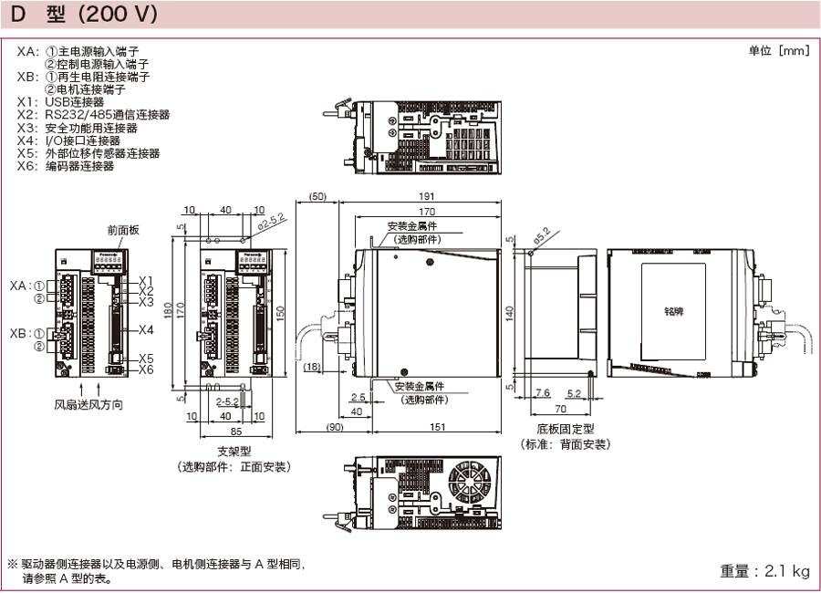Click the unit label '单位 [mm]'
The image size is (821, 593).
(778, 51)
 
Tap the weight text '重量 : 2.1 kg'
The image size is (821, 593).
(764, 571)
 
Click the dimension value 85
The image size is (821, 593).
(235, 431)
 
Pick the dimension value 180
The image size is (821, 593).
(167, 309)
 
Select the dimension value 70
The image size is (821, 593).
(560, 410)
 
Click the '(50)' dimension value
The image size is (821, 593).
(317, 197)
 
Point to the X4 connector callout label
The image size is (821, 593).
(146, 330)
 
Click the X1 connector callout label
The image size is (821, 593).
(146, 281)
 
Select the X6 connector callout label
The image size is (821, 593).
(146, 369)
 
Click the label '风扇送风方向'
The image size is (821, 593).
(88, 404)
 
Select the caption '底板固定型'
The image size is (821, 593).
(566, 429)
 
